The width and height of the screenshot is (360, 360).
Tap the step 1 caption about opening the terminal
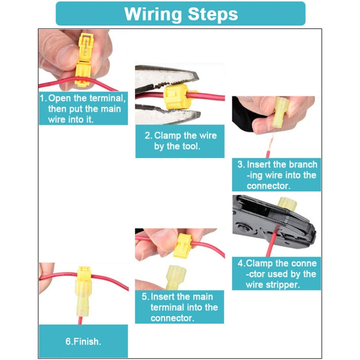[x=83, y=108]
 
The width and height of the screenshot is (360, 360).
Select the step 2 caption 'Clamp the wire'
[x=180, y=141]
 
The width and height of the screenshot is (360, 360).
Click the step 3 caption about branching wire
[x=276, y=175]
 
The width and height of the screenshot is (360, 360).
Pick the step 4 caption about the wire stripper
[x=276, y=274]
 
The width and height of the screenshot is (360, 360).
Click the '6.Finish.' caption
[x=83, y=342]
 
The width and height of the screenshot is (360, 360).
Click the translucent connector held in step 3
[x=278, y=113]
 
